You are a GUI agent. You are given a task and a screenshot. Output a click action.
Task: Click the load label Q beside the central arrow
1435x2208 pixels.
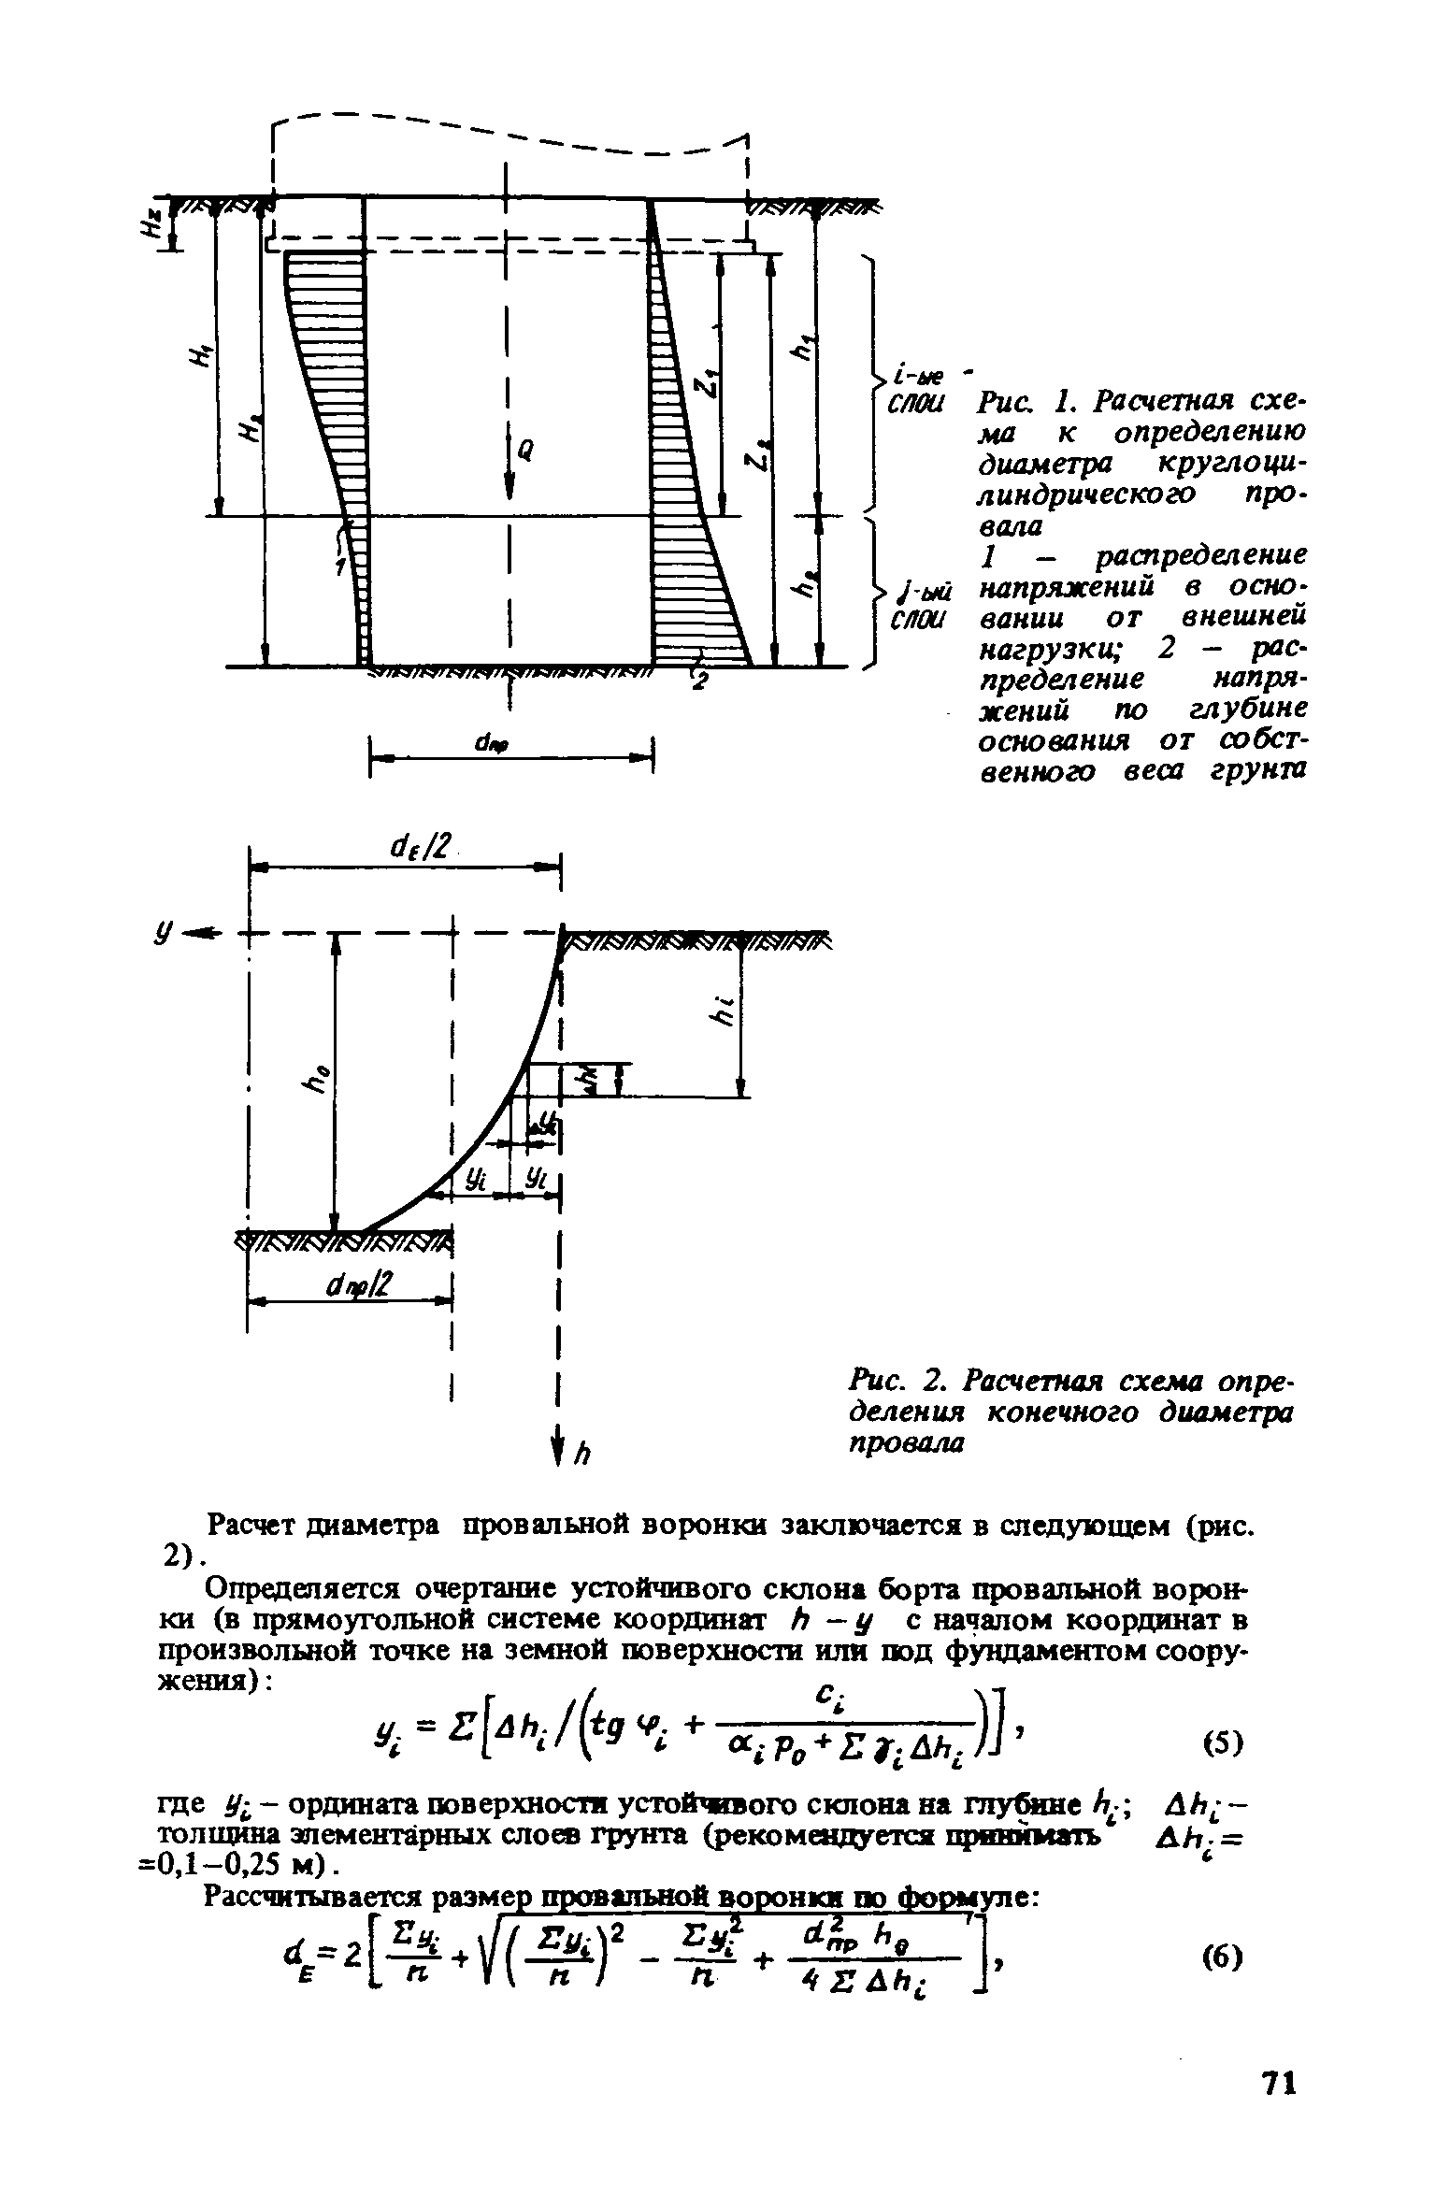click(524, 450)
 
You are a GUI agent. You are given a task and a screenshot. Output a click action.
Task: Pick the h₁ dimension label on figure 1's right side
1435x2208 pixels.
click(801, 350)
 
